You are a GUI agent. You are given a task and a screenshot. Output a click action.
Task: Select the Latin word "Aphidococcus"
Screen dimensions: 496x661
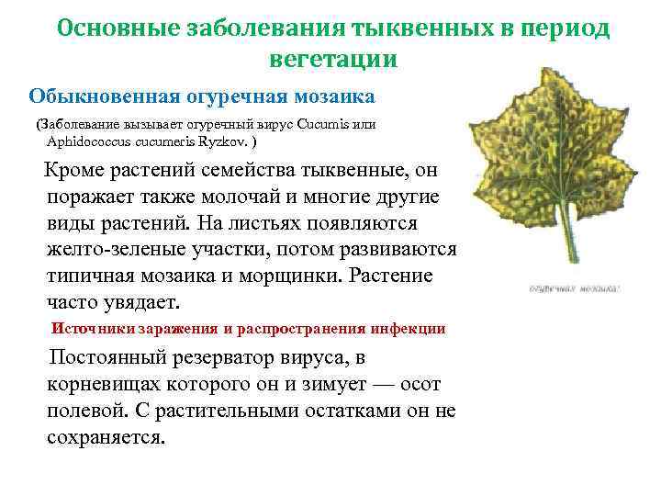click(x=84, y=142)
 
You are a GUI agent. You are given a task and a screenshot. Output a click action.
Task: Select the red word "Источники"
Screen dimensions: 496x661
click(x=94, y=328)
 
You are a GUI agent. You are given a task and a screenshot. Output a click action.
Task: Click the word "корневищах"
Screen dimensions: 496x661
click(x=110, y=384)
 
